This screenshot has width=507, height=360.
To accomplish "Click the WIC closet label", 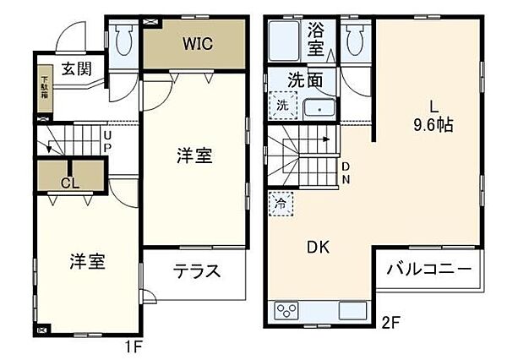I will (197, 42).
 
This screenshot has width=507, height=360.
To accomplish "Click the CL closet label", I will (70, 181).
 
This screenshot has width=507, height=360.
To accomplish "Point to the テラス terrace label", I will (197, 271).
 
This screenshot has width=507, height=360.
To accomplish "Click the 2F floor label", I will (389, 321).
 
